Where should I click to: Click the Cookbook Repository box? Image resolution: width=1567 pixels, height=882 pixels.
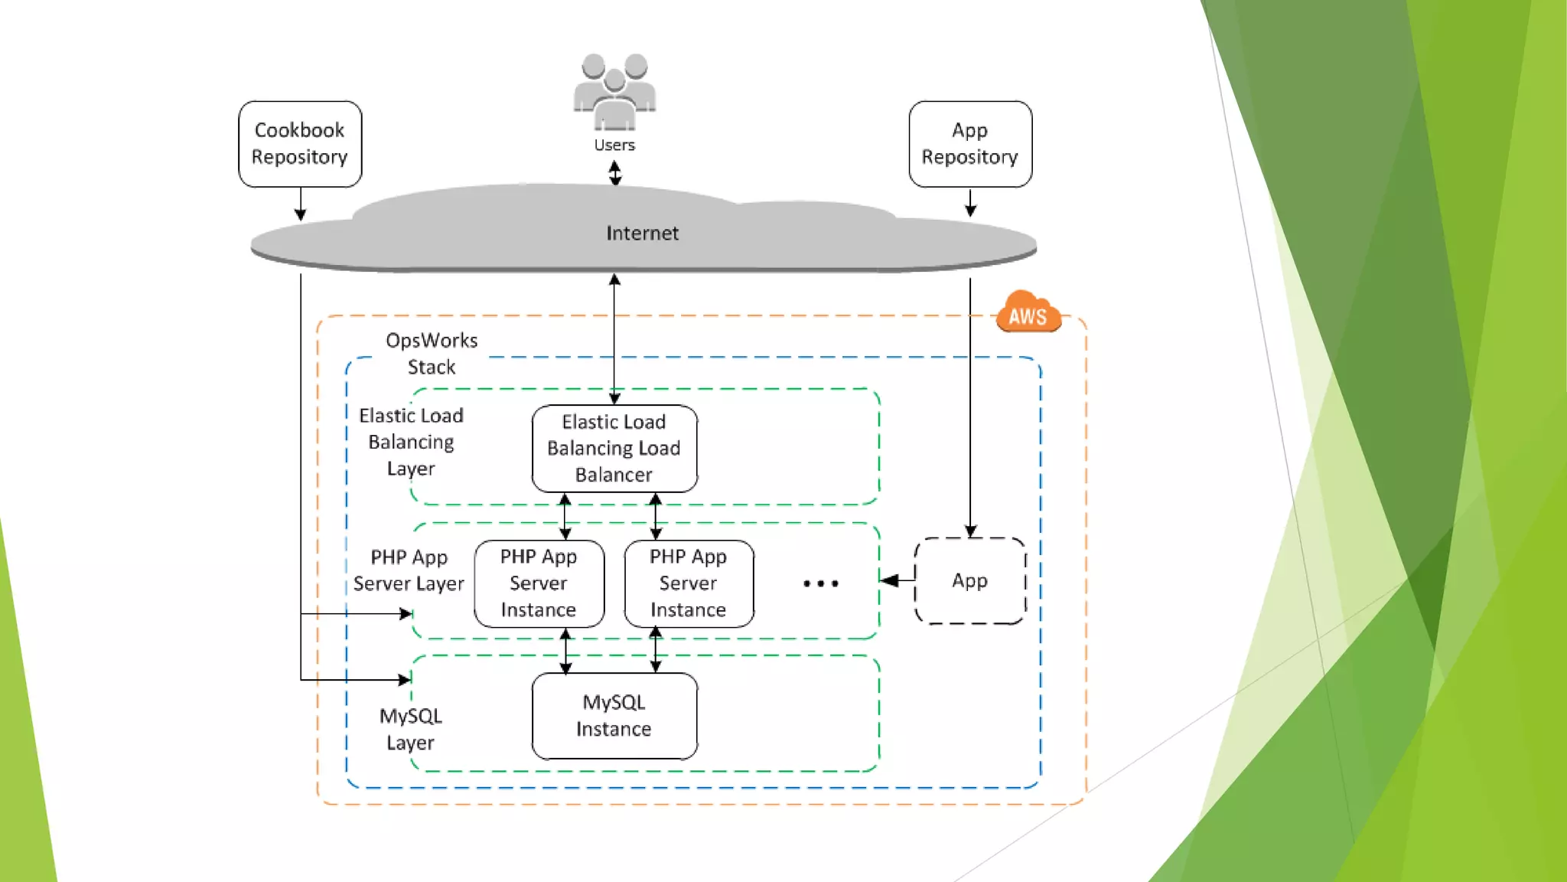click(300, 144)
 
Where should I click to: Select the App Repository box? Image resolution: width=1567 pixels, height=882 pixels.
click(970, 144)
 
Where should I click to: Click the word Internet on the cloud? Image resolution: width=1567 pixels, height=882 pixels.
click(642, 233)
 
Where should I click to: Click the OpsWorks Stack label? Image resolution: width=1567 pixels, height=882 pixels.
click(432, 353)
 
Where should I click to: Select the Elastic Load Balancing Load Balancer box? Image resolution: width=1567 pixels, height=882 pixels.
click(614, 448)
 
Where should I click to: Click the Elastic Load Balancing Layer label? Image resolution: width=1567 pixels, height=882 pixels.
click(411, 442)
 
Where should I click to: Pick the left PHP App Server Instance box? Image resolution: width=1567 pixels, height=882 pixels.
click(539, 583)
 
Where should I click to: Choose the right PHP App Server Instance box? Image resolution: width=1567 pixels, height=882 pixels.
click(689, 583)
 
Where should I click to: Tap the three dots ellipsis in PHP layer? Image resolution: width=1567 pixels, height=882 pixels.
click(821, 583)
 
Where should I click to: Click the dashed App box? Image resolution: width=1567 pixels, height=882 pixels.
click(969, 580)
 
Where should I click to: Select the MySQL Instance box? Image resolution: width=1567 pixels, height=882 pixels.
click(614, 716)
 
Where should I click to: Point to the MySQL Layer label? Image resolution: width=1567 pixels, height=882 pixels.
click(411, 729)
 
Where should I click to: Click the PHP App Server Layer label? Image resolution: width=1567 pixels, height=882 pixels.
click(409, 570)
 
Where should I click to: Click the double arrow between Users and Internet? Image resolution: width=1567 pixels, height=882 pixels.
click(615, 173)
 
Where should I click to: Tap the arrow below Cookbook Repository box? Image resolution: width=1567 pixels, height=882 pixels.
click(301, 205)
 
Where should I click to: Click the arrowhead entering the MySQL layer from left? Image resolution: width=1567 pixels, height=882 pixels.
click(405, 679)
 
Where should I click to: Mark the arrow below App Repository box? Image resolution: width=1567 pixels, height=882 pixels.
click(970, 203)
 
